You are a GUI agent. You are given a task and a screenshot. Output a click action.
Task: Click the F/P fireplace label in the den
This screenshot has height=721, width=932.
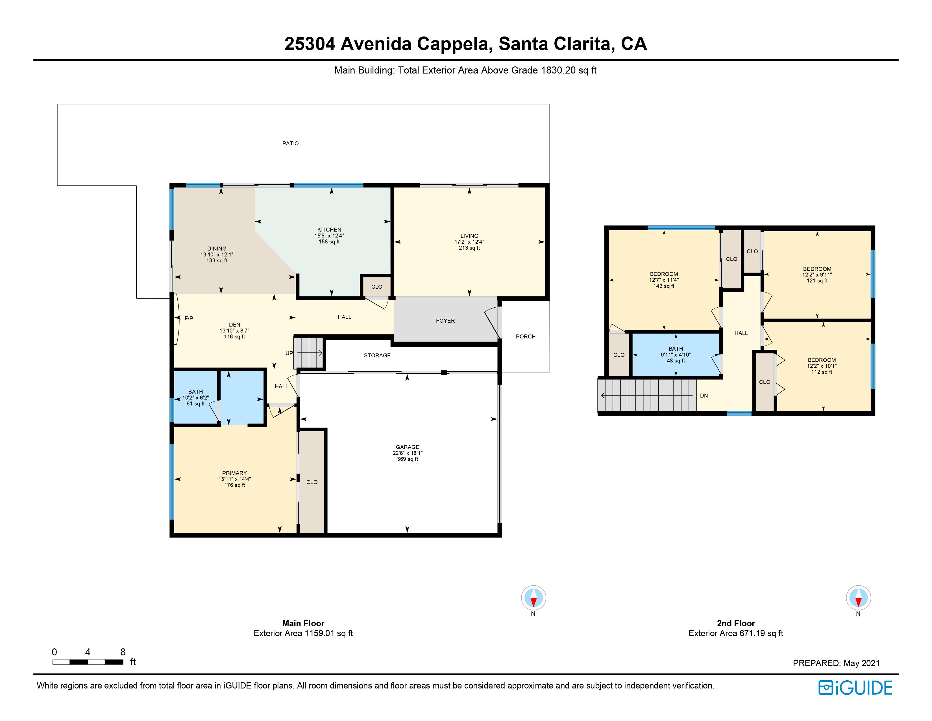tap(189, 318)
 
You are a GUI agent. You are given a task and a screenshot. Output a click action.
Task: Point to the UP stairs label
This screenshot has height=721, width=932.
tap(289, 353)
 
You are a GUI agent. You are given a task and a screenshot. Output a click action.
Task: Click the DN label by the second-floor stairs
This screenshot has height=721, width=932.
tap(704, 396)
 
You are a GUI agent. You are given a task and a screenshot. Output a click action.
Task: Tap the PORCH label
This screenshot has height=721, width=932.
tap(525, 336)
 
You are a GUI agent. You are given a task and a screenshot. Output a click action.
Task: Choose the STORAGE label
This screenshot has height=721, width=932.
tap(377, 355)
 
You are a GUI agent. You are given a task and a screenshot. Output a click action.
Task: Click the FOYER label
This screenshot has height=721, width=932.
tap(445, 321)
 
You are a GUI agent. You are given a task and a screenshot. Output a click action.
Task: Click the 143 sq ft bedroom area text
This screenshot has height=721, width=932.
tap(664, 286)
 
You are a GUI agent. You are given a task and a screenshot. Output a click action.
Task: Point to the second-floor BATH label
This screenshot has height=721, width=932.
tap(676, 349)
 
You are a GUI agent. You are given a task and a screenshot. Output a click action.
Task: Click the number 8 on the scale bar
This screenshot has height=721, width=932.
tap(123, 652)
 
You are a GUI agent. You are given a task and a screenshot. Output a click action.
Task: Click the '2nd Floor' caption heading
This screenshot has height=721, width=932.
tap(736, 623)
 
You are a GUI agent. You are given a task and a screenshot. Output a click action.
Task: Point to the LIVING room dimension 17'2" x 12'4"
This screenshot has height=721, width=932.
tap(469, 242)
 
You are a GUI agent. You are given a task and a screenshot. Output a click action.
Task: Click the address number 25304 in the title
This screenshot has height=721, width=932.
tap(310, 44)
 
